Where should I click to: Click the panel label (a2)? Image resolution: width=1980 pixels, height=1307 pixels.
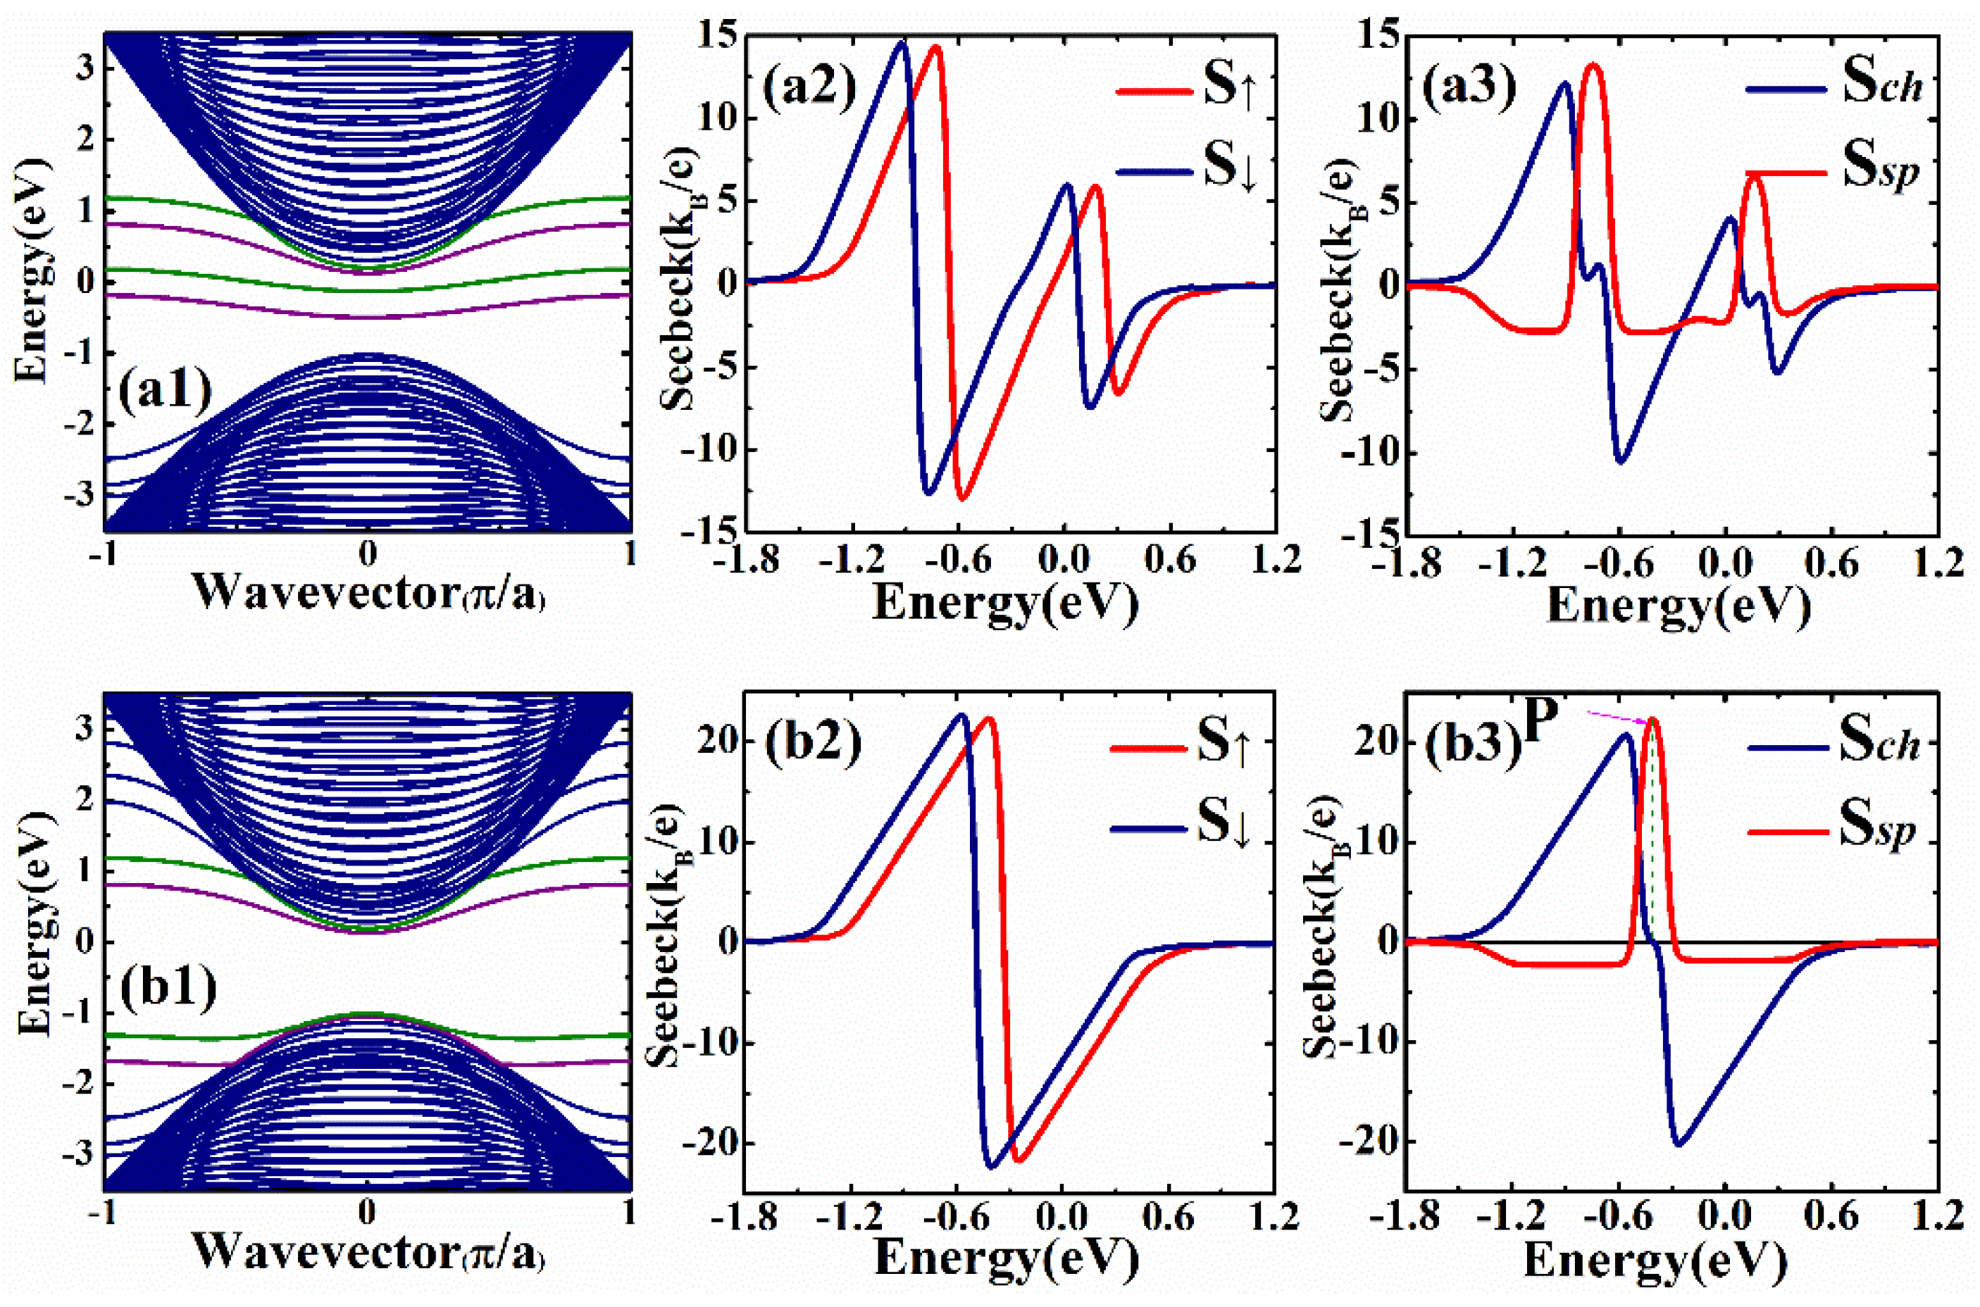coord(809,86)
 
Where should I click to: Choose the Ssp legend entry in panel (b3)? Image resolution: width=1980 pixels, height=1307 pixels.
coord(1834,827)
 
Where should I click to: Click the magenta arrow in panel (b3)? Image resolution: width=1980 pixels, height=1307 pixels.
coord(1617,717)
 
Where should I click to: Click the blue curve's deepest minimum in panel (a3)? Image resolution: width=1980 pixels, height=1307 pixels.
coord(1621,461)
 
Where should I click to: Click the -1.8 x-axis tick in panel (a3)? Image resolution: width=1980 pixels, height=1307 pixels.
coord(1409,563)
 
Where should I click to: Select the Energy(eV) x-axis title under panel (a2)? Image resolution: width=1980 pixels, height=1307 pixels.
coord(1004,602)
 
